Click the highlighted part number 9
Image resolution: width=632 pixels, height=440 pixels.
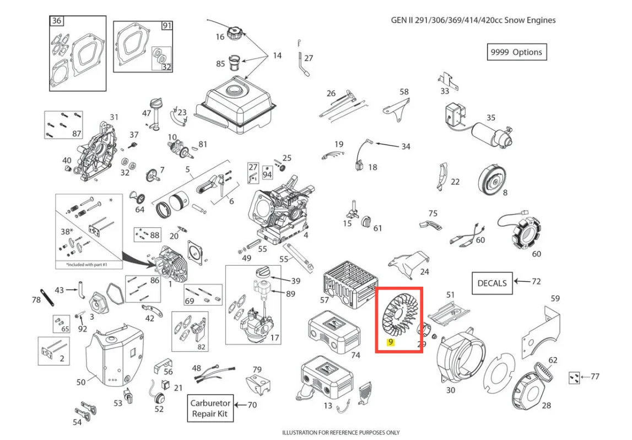(x=390, y=342)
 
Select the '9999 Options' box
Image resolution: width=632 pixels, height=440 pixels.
(x=517, y=52)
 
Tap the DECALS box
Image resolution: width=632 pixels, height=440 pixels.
(x=492, y=283)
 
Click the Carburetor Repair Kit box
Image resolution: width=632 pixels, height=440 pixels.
(x=210, y=408)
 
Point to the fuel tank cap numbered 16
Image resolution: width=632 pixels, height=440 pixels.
(x=234, y=33)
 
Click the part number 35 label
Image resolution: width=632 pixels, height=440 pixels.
(x=490, y=117)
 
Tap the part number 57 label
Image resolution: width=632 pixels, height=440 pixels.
(x=325, y=299)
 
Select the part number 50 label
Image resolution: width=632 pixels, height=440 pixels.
(x=81, y=382)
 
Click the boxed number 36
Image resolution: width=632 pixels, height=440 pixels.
(x=56, y=20)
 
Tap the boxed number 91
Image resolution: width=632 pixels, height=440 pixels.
(x=167, y=26)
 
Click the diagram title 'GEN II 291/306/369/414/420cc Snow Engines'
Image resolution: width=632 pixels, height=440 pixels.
(x=473, y=20)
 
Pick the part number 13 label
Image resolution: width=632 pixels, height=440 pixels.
(x=328, y=405)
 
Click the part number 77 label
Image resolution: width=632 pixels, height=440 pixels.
(x=595, y=376)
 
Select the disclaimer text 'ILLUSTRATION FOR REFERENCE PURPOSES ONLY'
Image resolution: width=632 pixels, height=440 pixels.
(x=341, y=432)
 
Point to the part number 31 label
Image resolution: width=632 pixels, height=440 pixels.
(x=114, y=117)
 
